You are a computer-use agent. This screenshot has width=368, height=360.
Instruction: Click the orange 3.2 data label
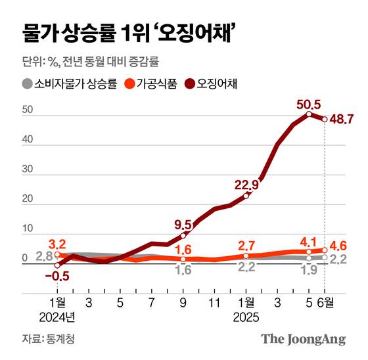[58, 242]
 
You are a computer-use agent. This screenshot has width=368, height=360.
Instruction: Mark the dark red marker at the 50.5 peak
[309, 114]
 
